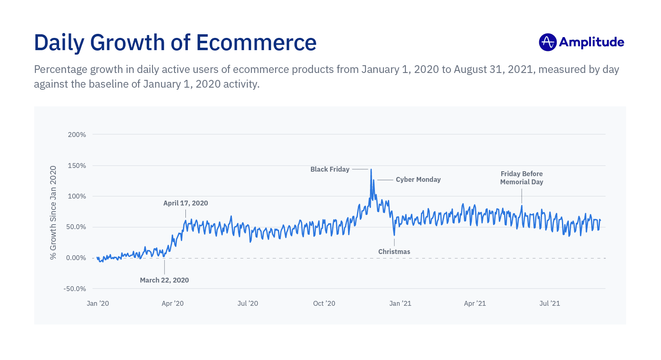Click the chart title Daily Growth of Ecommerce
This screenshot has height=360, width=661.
175,42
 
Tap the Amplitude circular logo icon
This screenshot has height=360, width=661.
547,42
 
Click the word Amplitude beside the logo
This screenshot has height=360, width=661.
591,42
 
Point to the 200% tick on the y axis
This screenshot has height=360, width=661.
77,135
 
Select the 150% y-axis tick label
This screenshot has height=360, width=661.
77,166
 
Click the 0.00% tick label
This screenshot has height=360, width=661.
76,258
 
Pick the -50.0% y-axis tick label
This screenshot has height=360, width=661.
75,289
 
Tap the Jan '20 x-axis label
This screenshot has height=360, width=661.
98,303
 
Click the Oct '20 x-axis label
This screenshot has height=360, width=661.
324,303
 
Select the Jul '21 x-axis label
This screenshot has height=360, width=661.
550,303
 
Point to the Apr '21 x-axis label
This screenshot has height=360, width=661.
475,303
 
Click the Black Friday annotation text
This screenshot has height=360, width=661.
330,169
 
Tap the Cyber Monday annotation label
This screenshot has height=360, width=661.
418,179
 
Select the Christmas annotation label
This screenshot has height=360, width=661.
394,252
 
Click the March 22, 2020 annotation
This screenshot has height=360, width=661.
164,280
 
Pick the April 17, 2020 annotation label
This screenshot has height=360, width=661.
185,203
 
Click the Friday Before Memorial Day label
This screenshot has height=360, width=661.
522,178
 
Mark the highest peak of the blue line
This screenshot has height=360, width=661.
371,170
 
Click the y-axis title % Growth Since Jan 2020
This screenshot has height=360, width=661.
53,212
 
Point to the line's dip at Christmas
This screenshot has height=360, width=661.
394,235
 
